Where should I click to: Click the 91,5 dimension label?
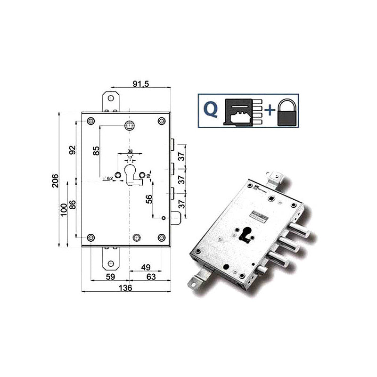(x=139, y=84)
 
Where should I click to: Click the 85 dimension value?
(x=96, y=151)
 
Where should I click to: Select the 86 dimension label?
(x=72, y=205)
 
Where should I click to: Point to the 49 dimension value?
(x=146, y=267)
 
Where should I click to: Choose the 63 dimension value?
(x=151, y=277)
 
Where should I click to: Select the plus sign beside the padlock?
(x=269, y=111)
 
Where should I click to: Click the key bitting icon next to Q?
(x=243, y=112)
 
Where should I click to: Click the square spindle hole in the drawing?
(x=129, y=125)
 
